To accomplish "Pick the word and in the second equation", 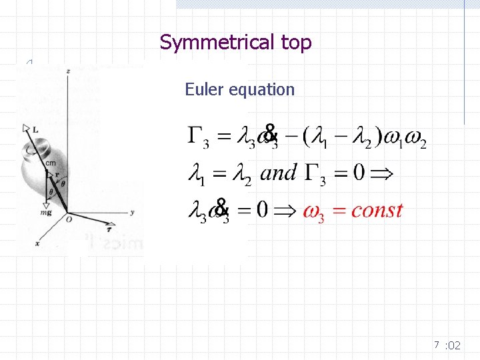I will pos(279,173).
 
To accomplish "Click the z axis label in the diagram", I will pos(69,70).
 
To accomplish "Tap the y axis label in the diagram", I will pos(133,212).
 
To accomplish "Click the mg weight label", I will pos(46,213).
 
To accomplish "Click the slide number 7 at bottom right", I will pos(436,345).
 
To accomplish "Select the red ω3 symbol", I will pos(313,212).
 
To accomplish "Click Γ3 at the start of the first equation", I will pos(199,137).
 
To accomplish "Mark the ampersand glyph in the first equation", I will pos(269,133).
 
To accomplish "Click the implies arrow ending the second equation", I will pos(381,174).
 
